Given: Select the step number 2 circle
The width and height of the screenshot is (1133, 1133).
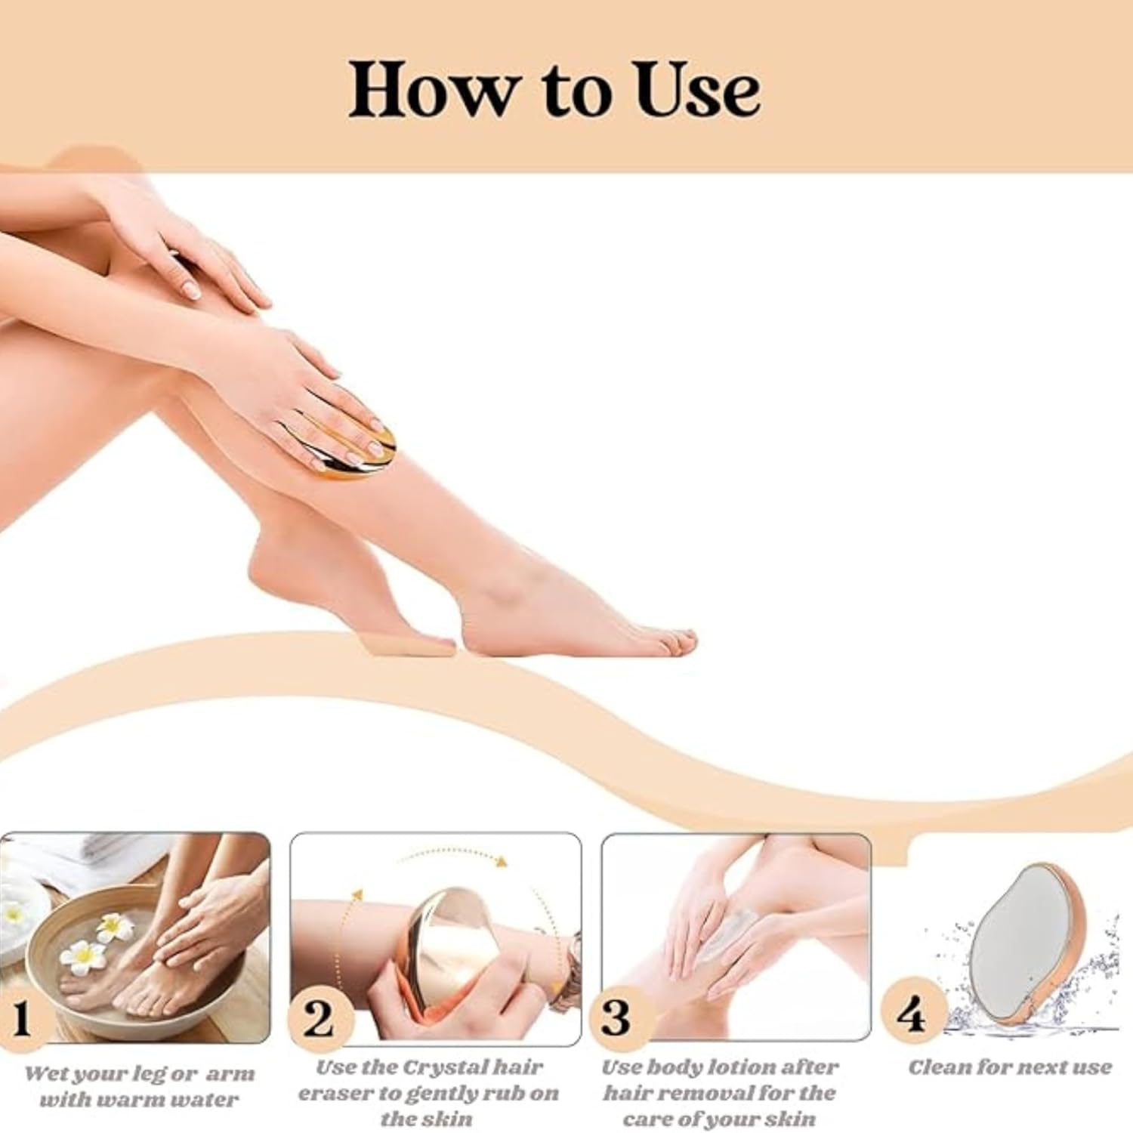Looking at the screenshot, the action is pos(320,1019).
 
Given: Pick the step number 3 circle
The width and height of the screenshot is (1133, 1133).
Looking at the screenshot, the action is pos(619,1017).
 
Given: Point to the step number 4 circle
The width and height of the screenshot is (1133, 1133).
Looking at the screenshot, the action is pos(913,1013).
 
